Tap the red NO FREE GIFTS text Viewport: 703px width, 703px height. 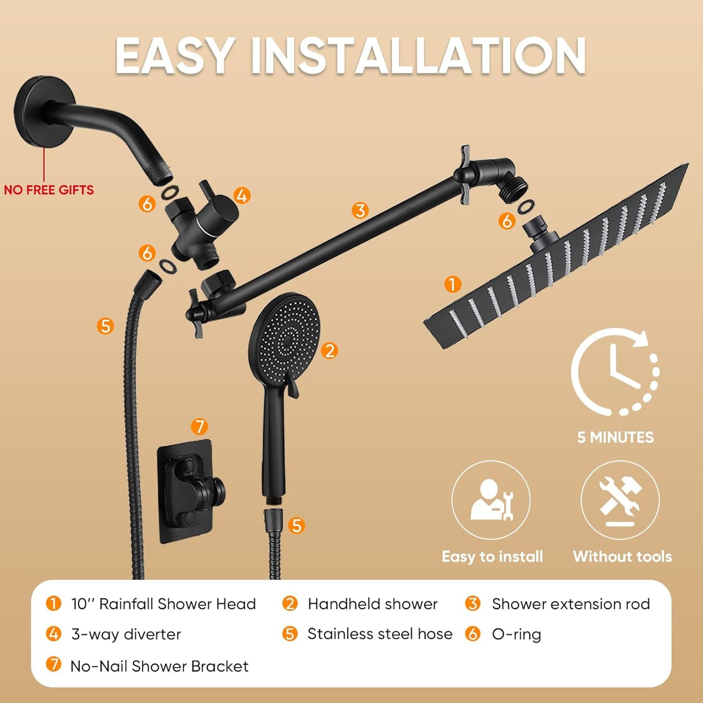pos(49,190)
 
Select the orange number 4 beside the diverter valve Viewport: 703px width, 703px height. pos(242,196)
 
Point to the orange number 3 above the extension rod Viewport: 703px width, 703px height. pos(360,211)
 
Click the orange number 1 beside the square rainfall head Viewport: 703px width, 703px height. pos(453,284)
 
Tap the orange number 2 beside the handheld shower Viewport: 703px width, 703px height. pos(330,350)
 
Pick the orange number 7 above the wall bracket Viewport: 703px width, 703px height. pos(199,427)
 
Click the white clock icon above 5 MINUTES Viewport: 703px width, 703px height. pos(615,372)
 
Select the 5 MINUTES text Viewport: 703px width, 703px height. pos(615,437)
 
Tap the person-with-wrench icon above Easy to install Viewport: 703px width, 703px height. pos(491,500)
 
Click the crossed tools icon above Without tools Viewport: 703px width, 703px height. pos(620,500)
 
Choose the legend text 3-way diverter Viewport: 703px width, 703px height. pos(126,634)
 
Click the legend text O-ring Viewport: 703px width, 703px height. pos(516,634)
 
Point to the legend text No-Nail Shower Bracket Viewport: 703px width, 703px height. pos(159,666)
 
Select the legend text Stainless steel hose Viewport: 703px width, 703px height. pos(379,634)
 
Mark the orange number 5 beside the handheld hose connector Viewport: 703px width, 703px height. pos(296,525)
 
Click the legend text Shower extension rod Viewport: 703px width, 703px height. pos(571,604)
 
